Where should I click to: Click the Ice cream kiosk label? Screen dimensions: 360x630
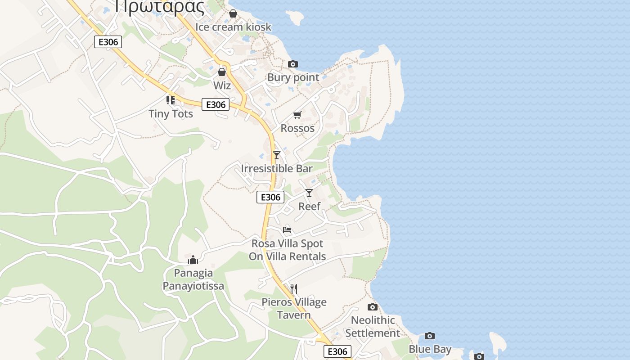pos(233,27)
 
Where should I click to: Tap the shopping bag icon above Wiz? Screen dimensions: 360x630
pos(222,72)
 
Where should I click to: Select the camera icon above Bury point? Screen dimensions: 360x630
pos(293,64)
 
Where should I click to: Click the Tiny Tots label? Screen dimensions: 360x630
pos(171,114)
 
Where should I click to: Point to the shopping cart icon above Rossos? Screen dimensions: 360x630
pos(297,116)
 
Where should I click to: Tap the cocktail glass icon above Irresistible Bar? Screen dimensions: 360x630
pos(277,155)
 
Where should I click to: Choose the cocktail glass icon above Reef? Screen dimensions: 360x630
pos(309,193)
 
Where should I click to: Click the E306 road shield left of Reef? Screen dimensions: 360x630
pos(270,197)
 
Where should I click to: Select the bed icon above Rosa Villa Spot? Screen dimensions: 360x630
pos(287,230)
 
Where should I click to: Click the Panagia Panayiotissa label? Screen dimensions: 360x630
pos(193,279)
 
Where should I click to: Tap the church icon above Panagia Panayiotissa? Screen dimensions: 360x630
pos(193,260)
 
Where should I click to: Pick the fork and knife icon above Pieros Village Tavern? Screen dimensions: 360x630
pos(294,288)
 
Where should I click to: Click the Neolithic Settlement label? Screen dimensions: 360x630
pos(373,327)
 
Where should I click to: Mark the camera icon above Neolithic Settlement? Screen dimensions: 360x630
pos(373,307)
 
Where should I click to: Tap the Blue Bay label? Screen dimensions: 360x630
pos(430,349)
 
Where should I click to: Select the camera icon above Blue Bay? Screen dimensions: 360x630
pos(430,336)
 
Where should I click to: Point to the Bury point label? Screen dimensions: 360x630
pos(293,77)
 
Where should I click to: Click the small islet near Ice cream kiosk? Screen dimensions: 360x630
pos(296,18)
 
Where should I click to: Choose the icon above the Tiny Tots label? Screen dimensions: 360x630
pos(171,100)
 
